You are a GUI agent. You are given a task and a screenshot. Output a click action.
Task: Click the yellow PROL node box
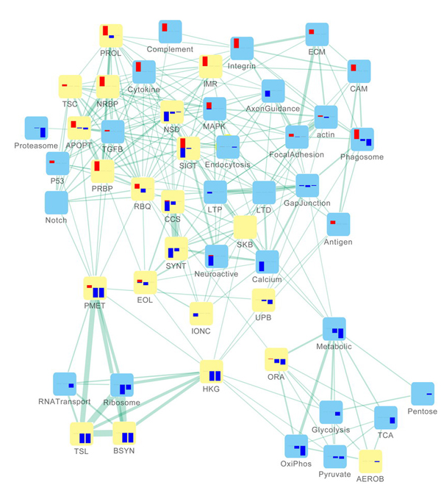click(x=111, y=36)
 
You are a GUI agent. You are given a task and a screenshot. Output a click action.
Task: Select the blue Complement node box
click(x=170, y=32)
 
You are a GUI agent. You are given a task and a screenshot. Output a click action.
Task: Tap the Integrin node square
click(x=242, y=48)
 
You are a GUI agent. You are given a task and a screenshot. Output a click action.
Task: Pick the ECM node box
click(x=317, y=35)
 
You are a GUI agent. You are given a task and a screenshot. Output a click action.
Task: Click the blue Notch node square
click(x=57, y=203)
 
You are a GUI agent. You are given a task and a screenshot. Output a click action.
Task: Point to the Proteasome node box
click(x=37, y=129)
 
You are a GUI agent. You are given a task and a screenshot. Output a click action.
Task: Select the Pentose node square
click(x=422, y=394)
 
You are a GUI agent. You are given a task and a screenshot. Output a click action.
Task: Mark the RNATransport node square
click(x=65, y=384)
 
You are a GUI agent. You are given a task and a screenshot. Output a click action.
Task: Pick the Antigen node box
click(x=338, y=224)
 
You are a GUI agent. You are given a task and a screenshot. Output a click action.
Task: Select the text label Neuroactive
click(x=215, y=274)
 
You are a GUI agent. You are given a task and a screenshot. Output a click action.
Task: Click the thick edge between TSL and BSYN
click(x=103, y=433)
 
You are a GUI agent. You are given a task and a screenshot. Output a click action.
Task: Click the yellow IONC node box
click(x=201, y=314)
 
